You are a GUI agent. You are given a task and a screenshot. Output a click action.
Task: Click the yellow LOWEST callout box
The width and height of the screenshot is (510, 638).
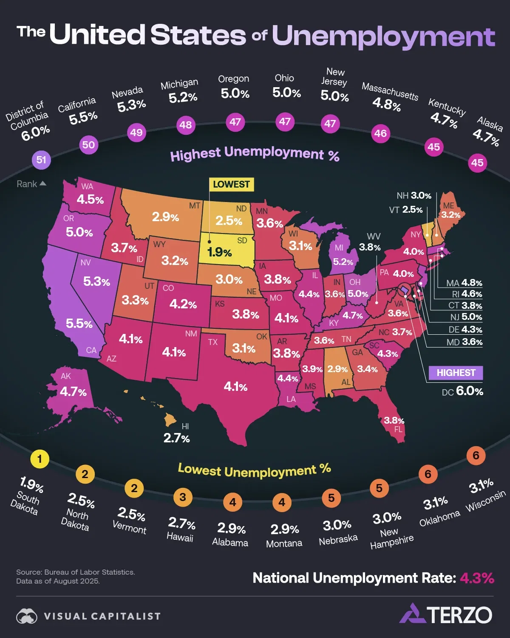(231, 184)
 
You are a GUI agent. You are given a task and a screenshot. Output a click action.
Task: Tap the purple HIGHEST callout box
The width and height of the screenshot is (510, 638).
(456, 373)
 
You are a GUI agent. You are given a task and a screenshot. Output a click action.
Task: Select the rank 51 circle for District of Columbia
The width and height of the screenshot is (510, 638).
(41, 160)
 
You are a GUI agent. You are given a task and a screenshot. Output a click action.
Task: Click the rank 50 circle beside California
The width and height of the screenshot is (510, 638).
(88, 145)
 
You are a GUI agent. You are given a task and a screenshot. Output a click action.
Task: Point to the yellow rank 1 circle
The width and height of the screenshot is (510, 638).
(40, 459)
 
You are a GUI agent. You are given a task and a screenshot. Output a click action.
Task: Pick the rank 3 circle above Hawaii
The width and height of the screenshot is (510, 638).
(183, 497)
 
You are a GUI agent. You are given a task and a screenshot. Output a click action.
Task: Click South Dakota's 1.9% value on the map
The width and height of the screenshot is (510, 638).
(219, 252)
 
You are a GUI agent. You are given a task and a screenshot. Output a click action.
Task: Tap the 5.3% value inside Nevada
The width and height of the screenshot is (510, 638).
(96, 281)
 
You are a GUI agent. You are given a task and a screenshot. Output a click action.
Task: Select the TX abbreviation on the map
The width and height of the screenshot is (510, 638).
(213, 342)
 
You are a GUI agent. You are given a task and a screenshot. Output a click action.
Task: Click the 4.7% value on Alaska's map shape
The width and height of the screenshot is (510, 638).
(73, 391)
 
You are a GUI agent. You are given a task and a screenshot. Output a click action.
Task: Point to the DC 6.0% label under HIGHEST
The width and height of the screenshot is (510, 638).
(462, 391)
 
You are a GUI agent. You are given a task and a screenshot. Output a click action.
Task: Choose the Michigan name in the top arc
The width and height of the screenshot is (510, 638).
(179, 84)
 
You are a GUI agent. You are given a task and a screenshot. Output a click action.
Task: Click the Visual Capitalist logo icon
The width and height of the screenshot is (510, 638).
(27, 616)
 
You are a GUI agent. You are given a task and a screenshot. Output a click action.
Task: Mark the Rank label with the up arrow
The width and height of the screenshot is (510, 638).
(31, 184)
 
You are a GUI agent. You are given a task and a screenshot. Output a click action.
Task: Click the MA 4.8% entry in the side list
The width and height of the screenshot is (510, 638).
(464, 283)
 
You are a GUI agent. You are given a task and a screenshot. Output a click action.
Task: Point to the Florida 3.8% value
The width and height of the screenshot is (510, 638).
(394, 420)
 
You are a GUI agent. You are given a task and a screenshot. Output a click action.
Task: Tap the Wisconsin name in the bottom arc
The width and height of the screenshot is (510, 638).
(486, 501)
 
